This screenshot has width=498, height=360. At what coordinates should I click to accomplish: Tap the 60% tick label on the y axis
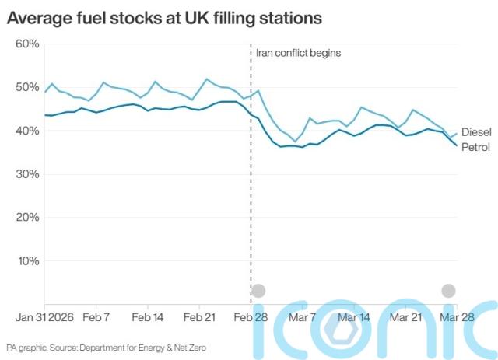(x=27, y=44)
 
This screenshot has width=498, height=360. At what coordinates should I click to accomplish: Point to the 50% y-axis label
(x=27, y=87)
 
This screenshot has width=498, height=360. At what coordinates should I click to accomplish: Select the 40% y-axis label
(x=27, y=131)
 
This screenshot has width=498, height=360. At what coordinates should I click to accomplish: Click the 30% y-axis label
(x=27, y=173)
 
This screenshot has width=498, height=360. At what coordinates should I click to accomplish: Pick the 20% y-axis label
(x=27, y=217)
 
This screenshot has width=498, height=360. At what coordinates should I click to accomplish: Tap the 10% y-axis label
(x=27, y=260)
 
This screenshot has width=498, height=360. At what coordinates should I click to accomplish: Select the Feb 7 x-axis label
(x=96, y=317)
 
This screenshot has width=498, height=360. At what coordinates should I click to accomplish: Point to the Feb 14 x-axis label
(x=148, y=317)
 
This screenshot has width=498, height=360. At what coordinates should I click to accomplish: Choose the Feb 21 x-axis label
(x=199, y=317)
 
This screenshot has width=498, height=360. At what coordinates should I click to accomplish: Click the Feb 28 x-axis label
(x=251, y=317)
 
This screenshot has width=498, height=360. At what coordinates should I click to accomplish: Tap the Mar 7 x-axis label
(x=303, y=317)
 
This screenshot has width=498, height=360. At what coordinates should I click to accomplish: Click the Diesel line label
(x=476, y=132)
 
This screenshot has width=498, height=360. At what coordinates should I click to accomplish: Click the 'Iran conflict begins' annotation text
(x=299, y=54)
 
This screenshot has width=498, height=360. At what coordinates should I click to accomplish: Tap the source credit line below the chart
(x=107, y=348)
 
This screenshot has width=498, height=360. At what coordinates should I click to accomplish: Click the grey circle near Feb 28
(x=258, y=292)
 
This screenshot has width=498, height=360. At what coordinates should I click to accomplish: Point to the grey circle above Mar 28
(x=448, y=291)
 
